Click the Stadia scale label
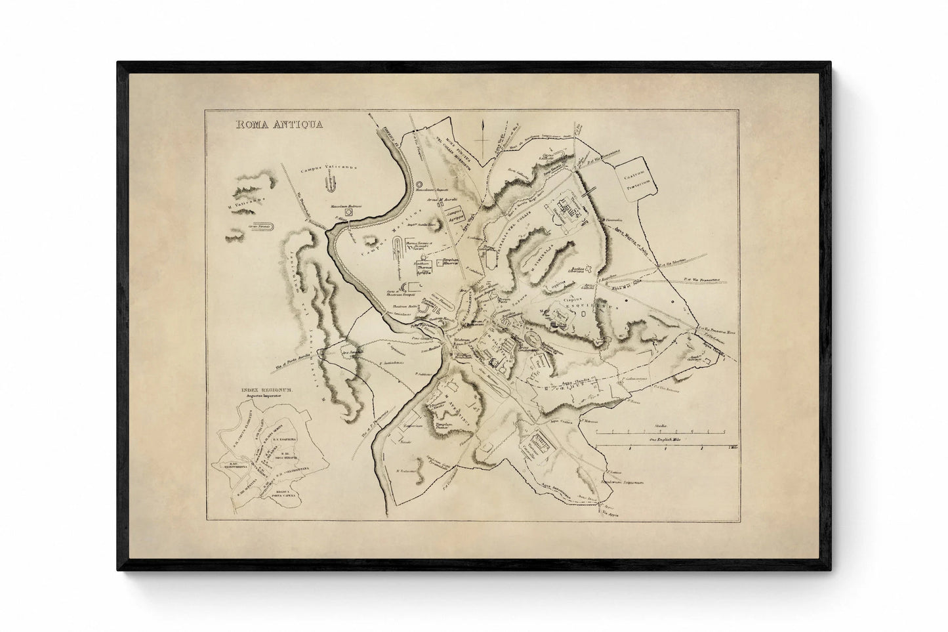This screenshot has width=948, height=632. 656,425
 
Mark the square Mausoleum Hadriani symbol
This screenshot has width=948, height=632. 350,213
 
